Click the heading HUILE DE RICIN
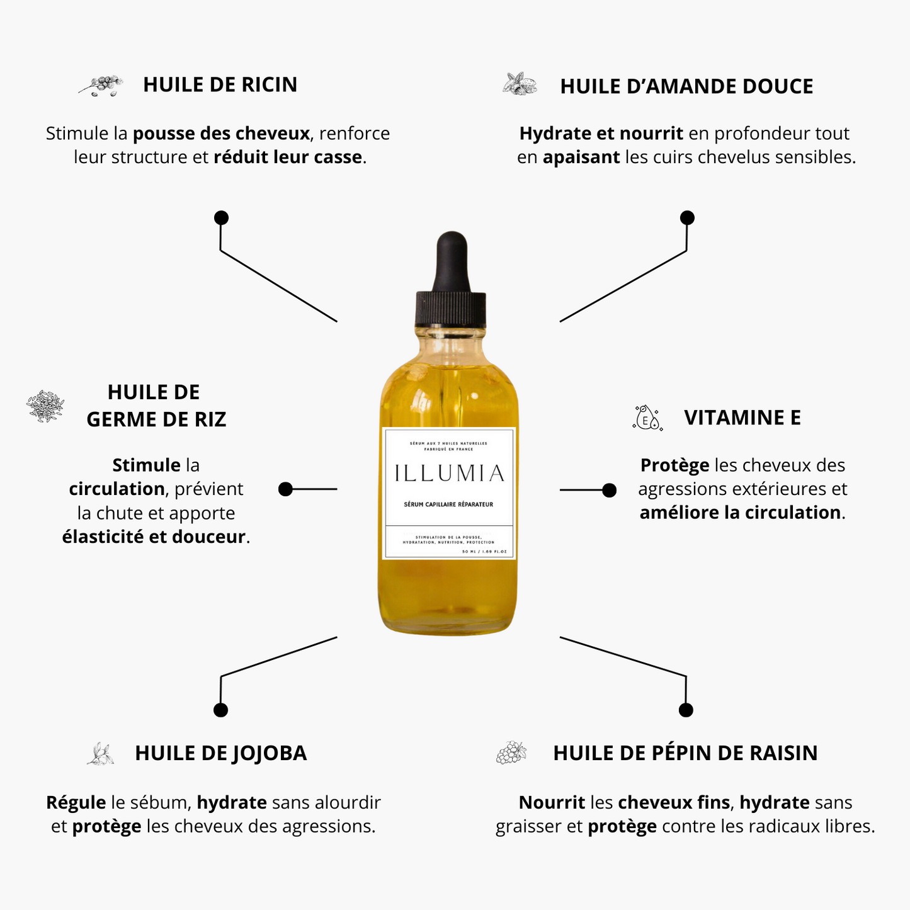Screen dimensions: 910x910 tap(220, 84)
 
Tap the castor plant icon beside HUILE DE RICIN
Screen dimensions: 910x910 tap(101, 85)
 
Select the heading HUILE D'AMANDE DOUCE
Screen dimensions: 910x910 tap(686, 86)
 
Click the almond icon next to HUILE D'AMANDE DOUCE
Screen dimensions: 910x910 tap(520, 84)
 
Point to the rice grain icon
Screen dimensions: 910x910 tap(45, 406)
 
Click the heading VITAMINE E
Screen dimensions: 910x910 tap(742, 418)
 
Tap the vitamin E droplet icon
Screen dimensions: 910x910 tap(647, 418)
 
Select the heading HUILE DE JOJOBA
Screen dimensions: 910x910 tap(220, 753)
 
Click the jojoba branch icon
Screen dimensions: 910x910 tap(101, 754)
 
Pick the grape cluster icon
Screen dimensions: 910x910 tap(511, 753)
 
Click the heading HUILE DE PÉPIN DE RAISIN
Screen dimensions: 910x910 tap(685, 753)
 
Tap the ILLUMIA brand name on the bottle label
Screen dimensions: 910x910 tap(449, 474)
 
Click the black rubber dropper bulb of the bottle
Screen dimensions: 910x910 tap(451, 258)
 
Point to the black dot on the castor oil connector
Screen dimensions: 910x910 tap(221, 218)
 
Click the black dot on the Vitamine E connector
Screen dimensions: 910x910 tap(609, 490)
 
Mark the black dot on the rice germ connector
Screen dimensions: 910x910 tap(286, 489)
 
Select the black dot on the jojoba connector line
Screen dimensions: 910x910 tap(220, 710)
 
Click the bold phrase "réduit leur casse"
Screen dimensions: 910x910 tap(288, 157)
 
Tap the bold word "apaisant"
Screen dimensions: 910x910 tap(581, 157)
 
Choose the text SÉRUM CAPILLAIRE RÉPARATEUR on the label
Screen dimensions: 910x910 tap(448, 504)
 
